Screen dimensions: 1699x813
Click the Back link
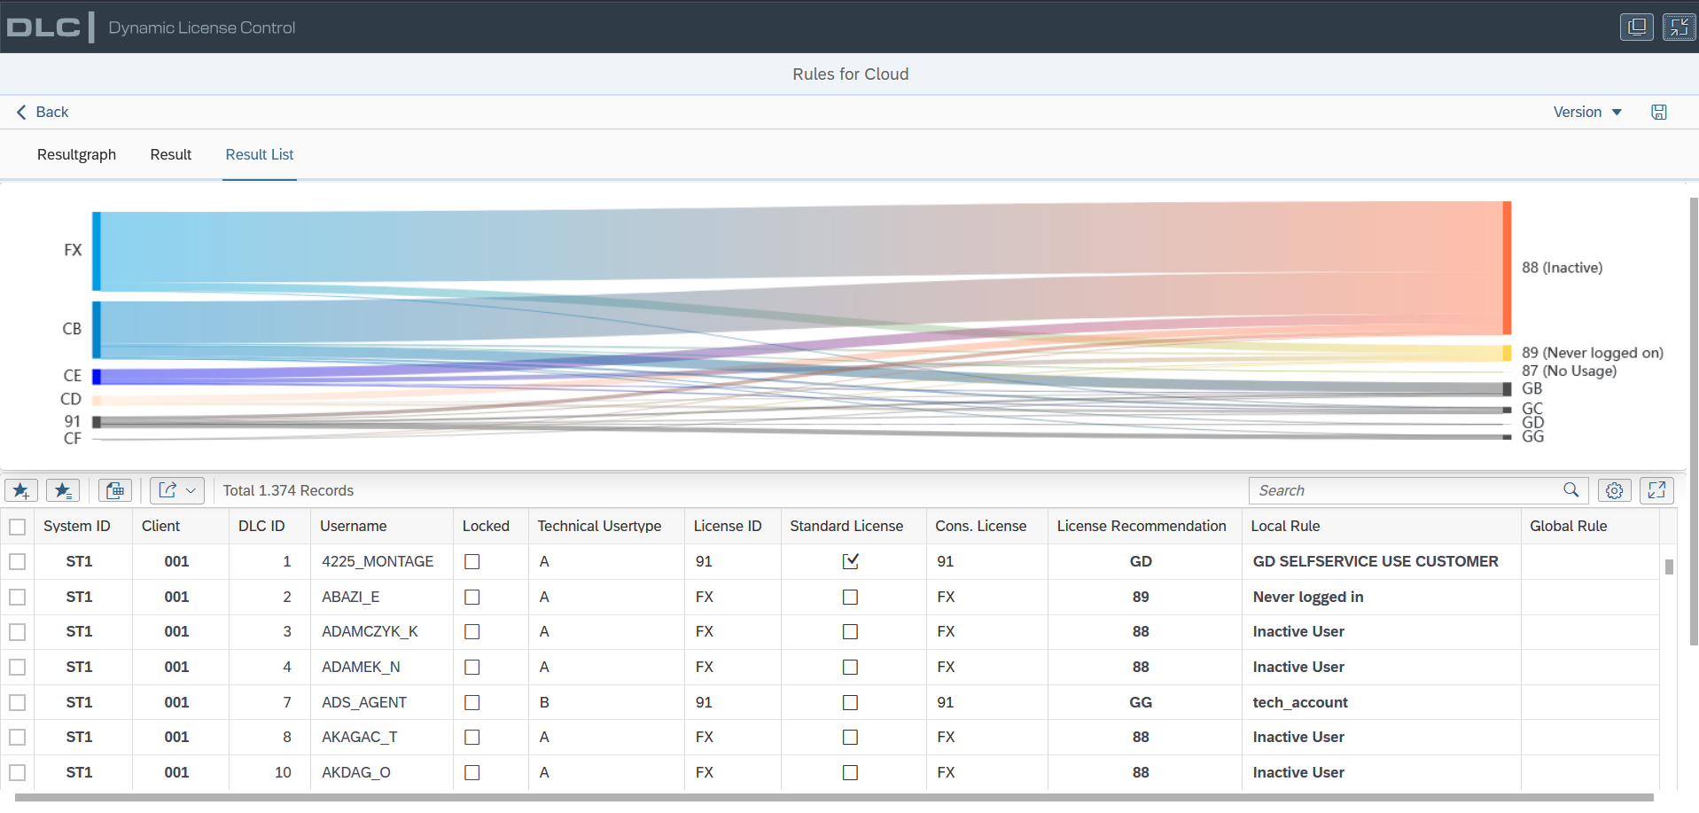click(43, 112)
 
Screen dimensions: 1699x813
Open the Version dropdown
click(1587, 112)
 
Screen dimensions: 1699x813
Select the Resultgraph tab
click(76, 154)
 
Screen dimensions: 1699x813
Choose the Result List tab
click(260, 154)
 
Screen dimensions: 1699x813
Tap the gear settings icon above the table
click(1615, 490)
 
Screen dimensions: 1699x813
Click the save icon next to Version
click(1659, 112)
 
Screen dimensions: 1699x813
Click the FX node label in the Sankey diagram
click(73, 250)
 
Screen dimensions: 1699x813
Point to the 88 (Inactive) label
click(1563, 268)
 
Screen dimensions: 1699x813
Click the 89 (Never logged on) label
click(1593, 353)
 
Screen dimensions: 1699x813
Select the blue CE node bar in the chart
click(97, 377)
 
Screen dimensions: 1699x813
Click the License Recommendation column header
click(1142, 526)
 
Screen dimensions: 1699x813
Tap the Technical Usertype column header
click(599, 526)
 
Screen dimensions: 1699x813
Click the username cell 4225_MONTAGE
click(378, 561)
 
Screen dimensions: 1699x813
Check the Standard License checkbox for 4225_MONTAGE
click(851, 561)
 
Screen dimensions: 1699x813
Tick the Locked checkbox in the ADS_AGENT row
click(472, 702)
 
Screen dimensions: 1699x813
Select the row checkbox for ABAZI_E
click(18, 597)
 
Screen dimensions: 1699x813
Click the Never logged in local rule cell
click(1308, 597)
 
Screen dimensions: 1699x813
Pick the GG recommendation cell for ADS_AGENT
click(1141, 702)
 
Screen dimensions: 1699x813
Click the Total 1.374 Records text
click(288, 490)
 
